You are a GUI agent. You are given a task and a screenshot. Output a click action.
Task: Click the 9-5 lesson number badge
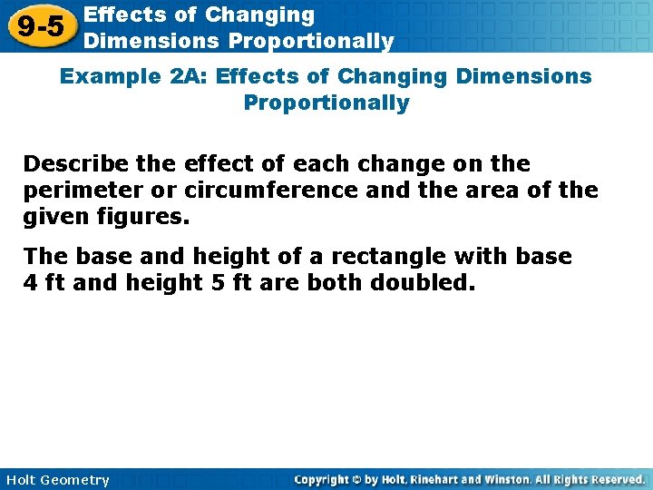pos(41,26)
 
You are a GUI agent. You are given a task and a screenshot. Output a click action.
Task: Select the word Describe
pos(80,164)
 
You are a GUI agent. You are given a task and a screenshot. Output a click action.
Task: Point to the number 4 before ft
pos(30,283)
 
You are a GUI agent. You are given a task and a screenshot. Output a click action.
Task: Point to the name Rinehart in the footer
pos(439,479)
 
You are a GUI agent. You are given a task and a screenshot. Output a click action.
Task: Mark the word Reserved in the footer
pos(613,479)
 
